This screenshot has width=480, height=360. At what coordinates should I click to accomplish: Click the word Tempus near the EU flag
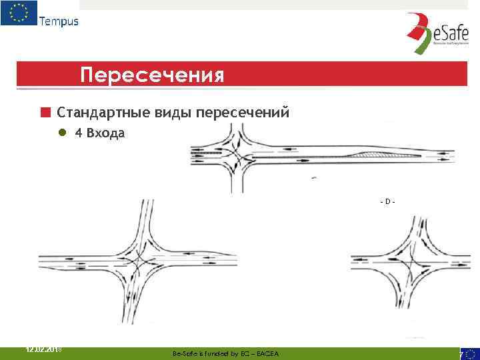click(x=59, y=21)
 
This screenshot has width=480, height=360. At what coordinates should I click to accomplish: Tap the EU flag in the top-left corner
click(x=19, y=13)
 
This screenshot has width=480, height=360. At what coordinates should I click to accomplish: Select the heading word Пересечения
click(x=151, y=75)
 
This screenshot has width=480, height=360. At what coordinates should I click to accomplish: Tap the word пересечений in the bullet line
click(x=242, y=112)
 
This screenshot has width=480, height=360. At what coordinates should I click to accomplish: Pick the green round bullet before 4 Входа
click(x=62, y=133)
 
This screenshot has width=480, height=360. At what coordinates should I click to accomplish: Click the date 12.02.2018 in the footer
click(x=45, y=349)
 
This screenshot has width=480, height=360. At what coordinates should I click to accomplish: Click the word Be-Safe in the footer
click(x=184, y=353)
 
